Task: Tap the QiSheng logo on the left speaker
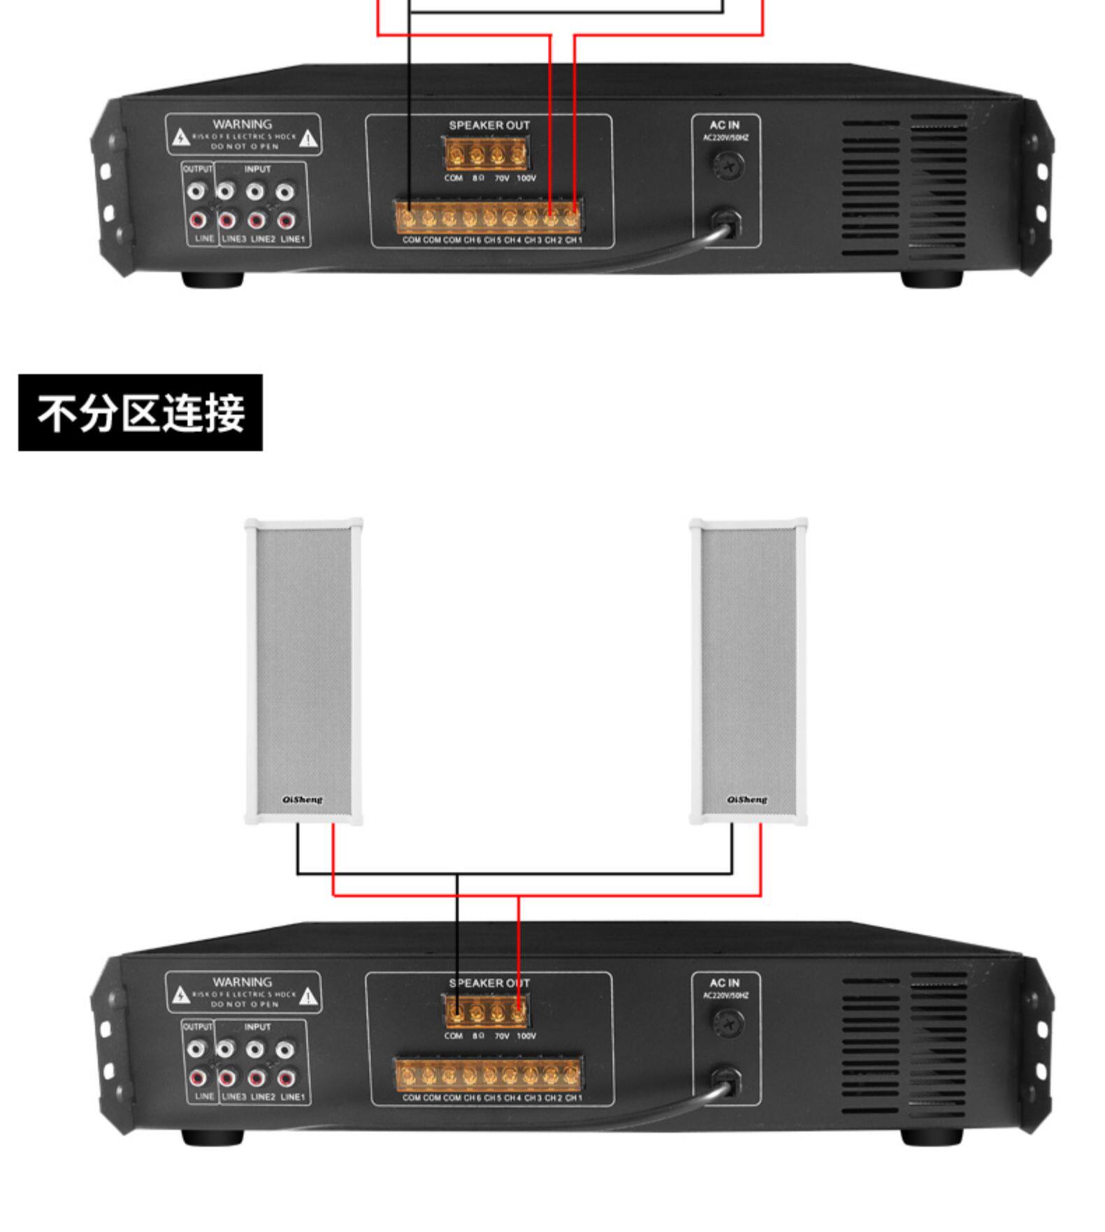[303, 799]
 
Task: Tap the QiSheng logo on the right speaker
[746, 799]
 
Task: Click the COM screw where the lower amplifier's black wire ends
[456, 1011]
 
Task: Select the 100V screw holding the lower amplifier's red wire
[518, 1011]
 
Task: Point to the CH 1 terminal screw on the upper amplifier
[572, 218]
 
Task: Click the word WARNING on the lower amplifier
[242, 982]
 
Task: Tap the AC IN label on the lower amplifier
[725, 982]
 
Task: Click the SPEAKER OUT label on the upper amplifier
[489, 125]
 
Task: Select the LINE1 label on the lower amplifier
[293, 1096]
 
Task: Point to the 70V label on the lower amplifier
[502, 1036]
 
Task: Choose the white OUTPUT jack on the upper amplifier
[198, 191]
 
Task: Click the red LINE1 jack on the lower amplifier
[285, 1078]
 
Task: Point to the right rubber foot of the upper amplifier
[932, 279]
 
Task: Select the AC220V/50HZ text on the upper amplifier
[725, 138]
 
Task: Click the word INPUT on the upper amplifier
[257, 169]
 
